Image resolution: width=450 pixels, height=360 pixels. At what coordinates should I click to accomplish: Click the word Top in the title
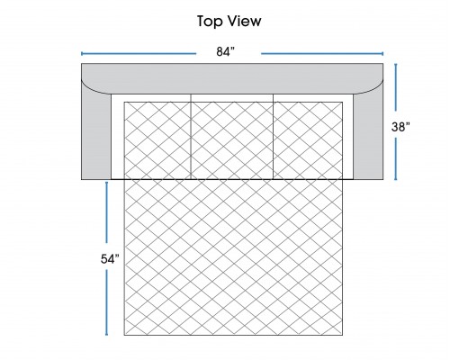210,22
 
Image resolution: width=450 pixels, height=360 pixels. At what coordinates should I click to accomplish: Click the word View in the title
245,21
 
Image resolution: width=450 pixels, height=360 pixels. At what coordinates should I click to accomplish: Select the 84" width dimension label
226,51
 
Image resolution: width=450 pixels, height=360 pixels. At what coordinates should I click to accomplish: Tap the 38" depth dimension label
400,127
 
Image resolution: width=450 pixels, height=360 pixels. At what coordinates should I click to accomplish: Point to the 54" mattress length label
110,259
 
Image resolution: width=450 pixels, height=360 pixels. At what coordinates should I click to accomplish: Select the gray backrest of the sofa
232,78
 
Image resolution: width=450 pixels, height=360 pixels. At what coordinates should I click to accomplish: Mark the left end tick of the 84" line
82,54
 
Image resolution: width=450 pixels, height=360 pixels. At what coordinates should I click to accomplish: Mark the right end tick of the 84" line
382,54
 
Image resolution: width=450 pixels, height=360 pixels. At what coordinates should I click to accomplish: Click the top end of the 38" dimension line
396,64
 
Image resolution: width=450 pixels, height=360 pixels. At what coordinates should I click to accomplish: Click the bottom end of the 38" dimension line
396,179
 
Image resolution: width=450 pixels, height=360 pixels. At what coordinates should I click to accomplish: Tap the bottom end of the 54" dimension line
106,335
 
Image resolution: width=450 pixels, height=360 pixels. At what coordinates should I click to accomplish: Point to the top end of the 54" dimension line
106,182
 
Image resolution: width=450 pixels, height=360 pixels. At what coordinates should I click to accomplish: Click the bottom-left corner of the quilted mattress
124,335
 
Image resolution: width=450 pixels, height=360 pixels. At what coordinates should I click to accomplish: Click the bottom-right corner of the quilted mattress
343,335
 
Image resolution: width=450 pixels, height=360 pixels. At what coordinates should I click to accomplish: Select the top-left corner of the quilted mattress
124,102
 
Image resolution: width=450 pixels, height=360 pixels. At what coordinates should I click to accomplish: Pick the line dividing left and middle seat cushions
191,137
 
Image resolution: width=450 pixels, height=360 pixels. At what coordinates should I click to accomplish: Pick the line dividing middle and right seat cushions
274,137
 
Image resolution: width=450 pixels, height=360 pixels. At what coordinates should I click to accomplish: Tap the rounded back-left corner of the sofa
90,89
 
